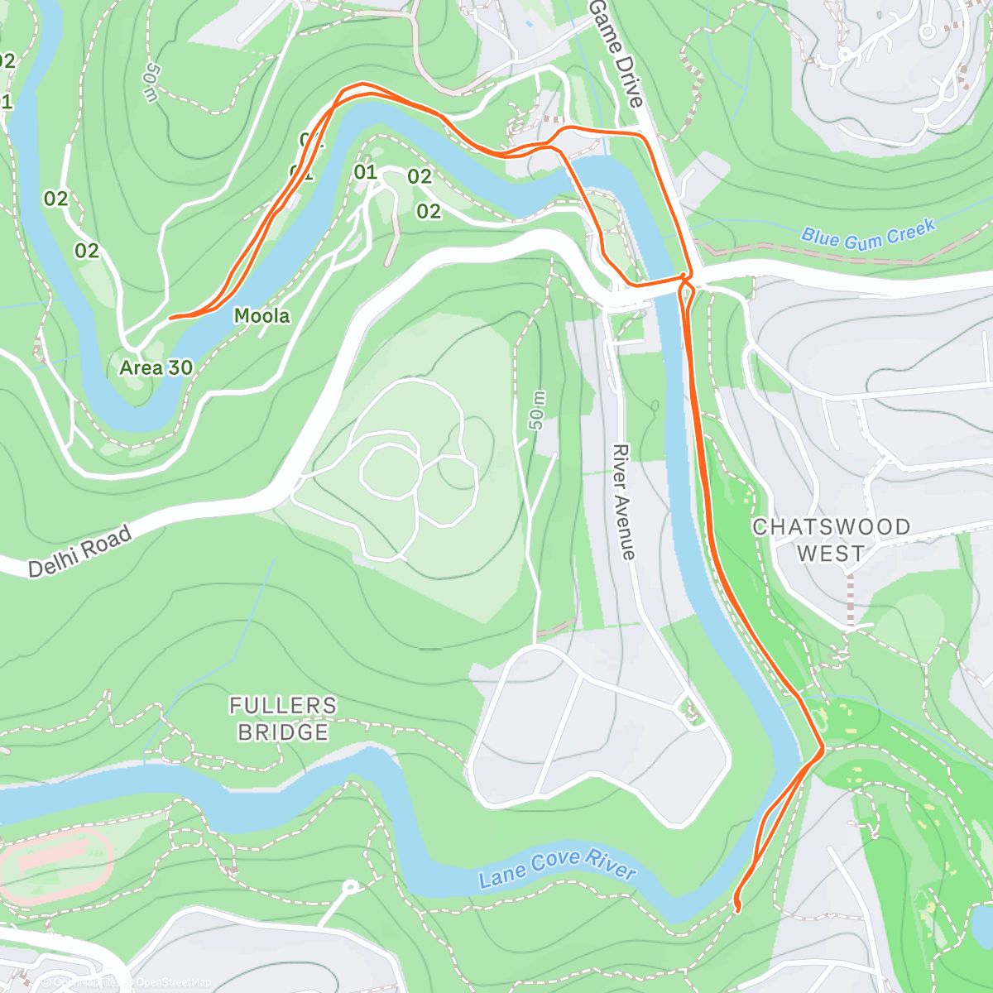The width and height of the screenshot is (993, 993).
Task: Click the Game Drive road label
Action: (x=616, y=53)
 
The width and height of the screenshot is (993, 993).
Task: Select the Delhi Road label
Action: (x=79, y=551)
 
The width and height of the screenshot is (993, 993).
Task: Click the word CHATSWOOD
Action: (x=832, y=527)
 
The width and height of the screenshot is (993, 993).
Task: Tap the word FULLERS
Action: (x=283, y=706)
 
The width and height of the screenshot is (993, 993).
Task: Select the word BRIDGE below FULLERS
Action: (x=283, y=732)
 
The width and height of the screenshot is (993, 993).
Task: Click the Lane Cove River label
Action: (x=557, y=868)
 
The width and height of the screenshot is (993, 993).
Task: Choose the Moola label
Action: (x=261, y=315)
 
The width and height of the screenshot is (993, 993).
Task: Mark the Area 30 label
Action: (x=156, y=367)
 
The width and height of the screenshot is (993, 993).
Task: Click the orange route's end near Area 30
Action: (x=170, y=318)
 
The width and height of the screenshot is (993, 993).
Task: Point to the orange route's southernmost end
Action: (x=737, y=909)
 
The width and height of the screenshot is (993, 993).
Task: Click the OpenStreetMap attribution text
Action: (x=173, y=982)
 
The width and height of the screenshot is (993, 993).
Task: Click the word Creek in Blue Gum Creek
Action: (x=910, y=230)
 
